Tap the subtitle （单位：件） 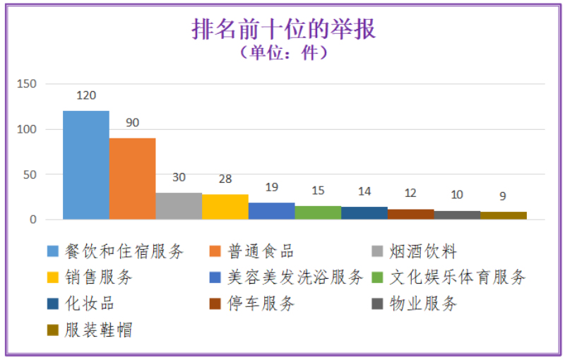tap(283, 52)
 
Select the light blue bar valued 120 tap(86, 165)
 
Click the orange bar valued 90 tap(133, 179)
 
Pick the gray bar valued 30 tap(179, 206)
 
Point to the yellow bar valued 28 tap(225, 207)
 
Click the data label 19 tap(271, 188)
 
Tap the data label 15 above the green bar tap(318, 191)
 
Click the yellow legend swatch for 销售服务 tap(53, 277)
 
